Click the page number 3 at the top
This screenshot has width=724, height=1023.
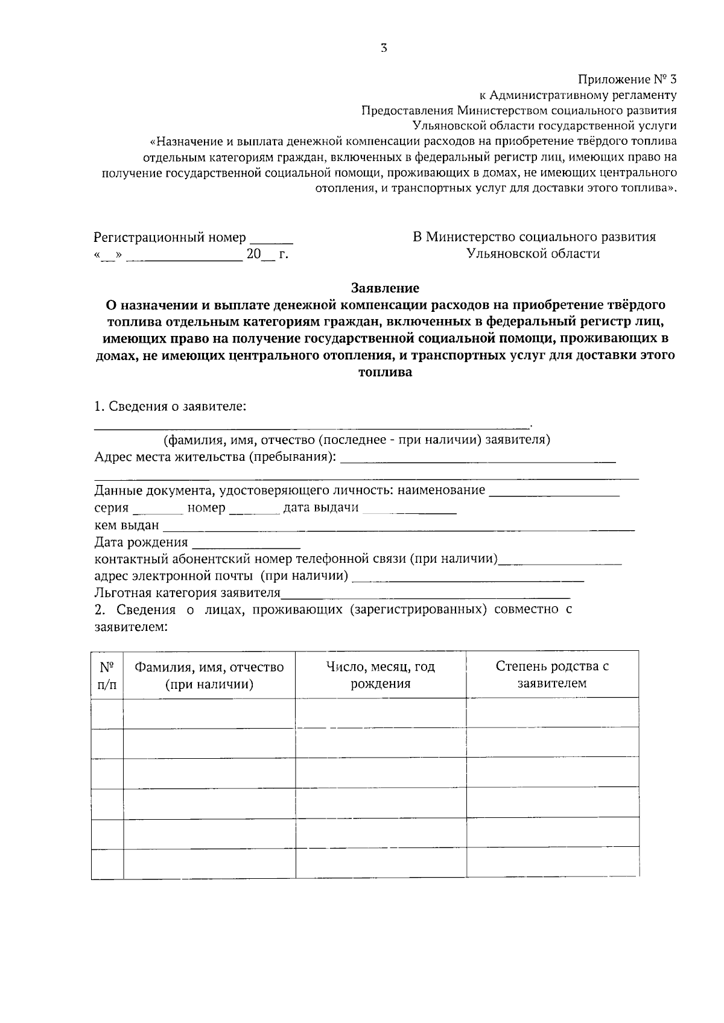click(x=384, y=49)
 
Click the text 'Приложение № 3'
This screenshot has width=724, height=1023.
click(x=627, y=79)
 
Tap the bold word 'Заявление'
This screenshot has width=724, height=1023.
click(x=385, y=288)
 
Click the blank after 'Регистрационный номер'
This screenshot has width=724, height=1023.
click(x=271, y=239)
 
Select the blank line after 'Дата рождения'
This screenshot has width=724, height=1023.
click(x=246, y=545)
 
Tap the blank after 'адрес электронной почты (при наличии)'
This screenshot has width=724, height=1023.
click(x=468, y=578)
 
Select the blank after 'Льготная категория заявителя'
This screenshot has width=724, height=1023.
click(x=425, y=595)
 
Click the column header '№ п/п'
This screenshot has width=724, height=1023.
click(x=107, y=675)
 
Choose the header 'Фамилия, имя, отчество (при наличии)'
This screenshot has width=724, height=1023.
click(x=209, y=675)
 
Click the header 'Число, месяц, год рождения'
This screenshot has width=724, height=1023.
click(x=381, y=675)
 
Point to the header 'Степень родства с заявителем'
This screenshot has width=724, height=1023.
click(x=552, y=674)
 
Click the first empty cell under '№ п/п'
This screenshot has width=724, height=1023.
click(x=107, y=714)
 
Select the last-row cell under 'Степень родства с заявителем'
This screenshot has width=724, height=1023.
click(x=552, y=863)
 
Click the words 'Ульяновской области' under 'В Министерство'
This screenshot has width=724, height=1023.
click(x=533, y=254)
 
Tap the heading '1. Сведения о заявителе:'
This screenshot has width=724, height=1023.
click(x=170, y=406)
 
